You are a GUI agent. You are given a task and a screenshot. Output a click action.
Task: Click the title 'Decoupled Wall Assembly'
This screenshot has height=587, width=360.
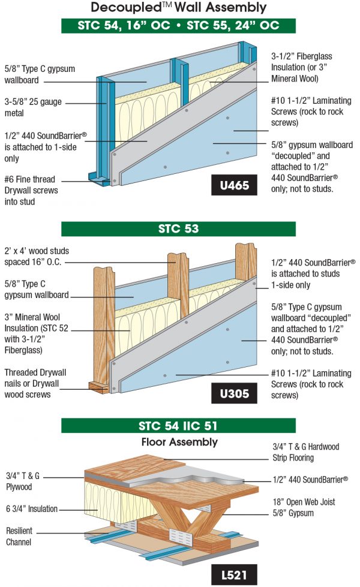pyautogui.click(x=179, y=8)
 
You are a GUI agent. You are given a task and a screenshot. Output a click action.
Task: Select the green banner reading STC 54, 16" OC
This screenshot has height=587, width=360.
pyautogui.click(x=179, y=26)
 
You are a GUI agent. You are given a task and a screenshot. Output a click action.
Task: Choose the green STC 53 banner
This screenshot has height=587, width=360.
pyautogui.click(x=179, y=229)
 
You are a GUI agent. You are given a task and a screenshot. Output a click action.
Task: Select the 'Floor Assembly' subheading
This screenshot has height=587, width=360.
pyautogui.click(x=179, y=442)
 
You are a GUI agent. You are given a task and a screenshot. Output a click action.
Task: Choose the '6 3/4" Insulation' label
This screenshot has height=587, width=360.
pyautogui.click(x=32, y=509)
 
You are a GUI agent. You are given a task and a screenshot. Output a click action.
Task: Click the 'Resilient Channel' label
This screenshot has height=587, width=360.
pyautogui.click(x=22, y=536)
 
